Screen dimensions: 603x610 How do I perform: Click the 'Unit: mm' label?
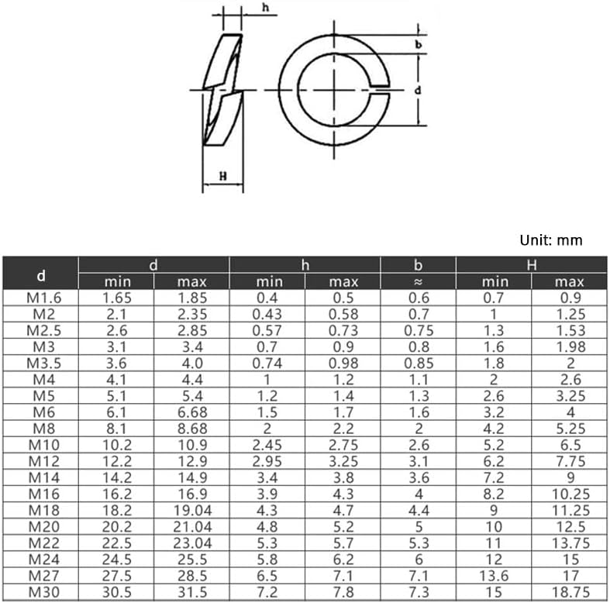(550, 240)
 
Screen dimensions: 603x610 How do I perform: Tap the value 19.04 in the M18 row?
(192, 510)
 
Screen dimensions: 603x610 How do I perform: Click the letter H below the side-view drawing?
(223, 177)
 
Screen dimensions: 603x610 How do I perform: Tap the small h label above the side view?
(265, 9)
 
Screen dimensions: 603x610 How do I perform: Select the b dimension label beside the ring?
(418, 45)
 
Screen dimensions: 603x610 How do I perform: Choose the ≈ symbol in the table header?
(418, 282)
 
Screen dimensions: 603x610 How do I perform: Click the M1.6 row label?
(41, 298)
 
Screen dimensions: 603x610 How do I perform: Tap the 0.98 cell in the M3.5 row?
(343, 363)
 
